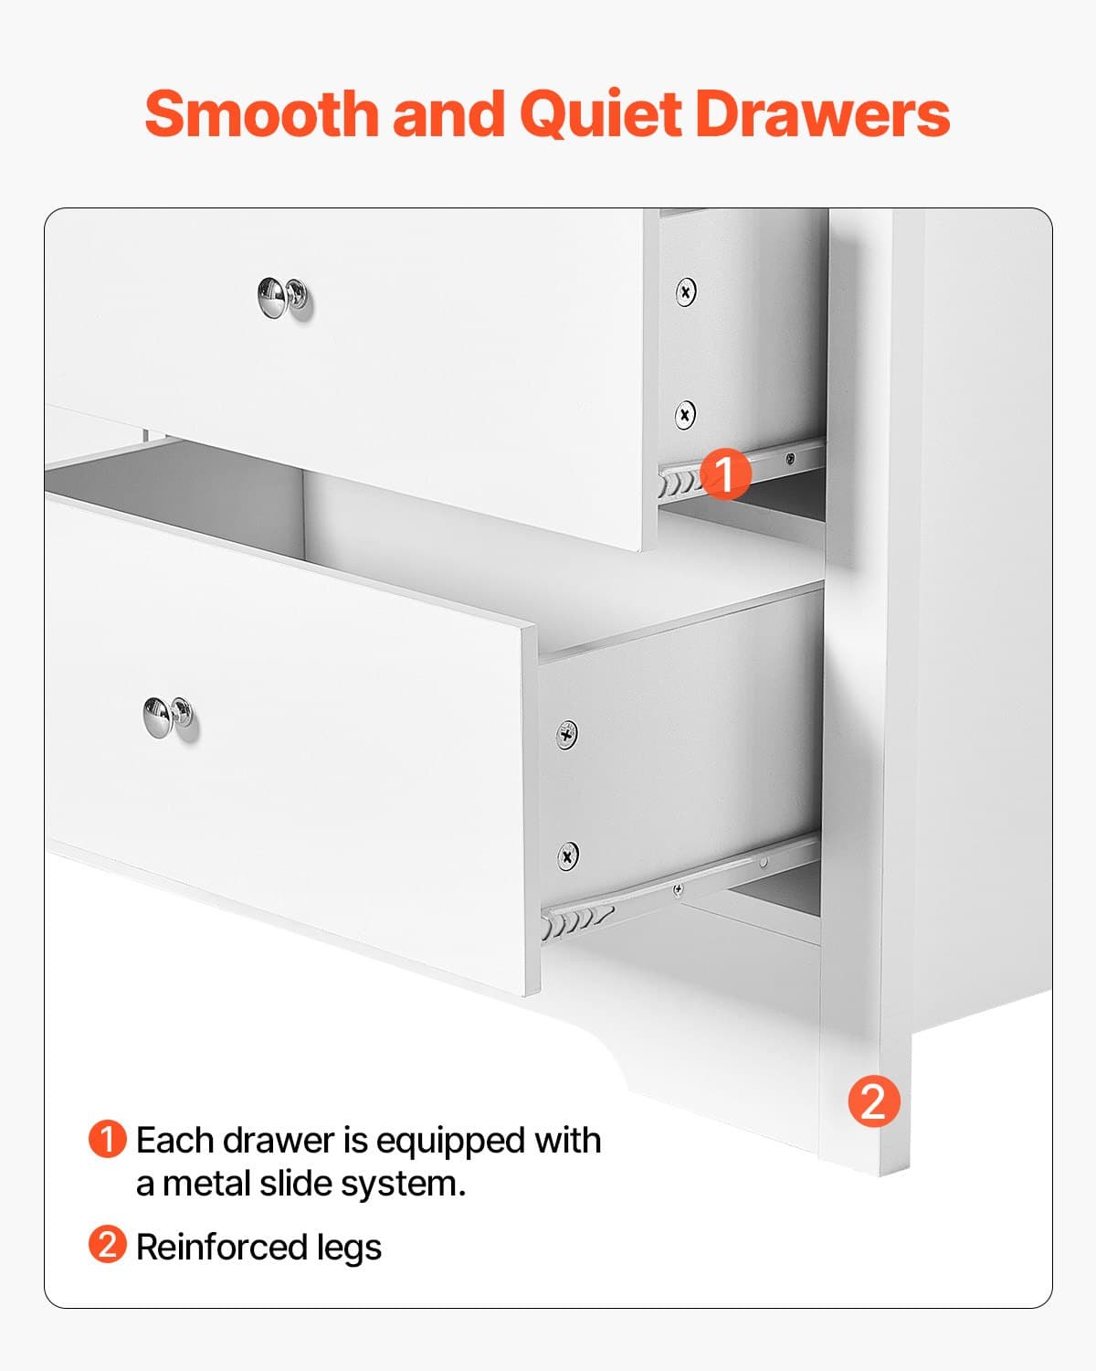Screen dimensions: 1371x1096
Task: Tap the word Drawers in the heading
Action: click(x=822, y=114)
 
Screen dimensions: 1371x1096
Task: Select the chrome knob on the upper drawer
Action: click(x=282, y=298)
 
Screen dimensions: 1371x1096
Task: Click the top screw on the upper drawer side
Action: click(x=686, y=292)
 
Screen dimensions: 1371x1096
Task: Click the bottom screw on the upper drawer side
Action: click(x=685, y=415)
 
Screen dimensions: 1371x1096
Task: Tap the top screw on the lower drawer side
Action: click(x=567, y=733)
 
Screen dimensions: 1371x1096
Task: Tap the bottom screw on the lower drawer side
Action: click(x=567, y=856)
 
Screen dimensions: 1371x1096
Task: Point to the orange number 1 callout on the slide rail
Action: click(x=725, y=473)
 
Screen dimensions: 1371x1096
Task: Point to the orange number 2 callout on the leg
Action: click(x=873, y=1101)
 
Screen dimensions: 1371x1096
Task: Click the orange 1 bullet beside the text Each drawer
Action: click(x=107, y=1140)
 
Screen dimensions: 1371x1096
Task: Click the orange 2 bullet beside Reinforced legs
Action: click(x=107, y=1245)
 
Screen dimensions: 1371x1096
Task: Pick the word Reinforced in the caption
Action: click(x=221, y=1247)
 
